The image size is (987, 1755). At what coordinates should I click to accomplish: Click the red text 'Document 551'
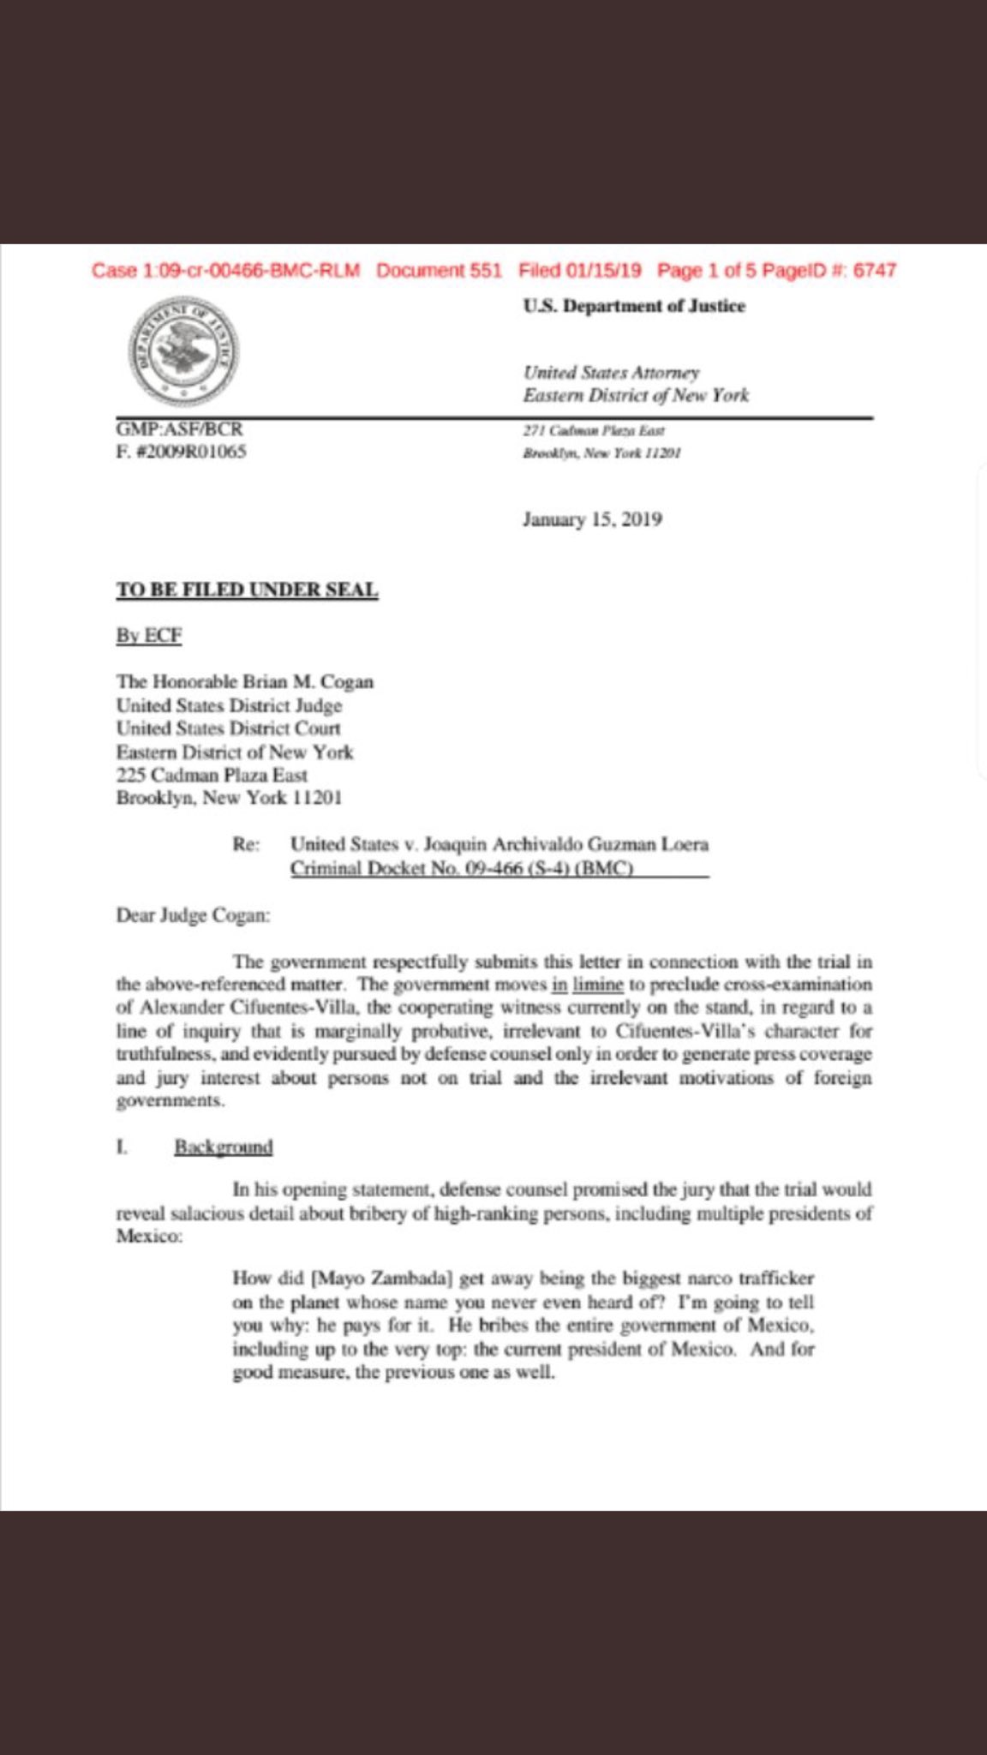[439, 271]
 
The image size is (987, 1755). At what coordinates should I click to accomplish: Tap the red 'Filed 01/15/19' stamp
[580, 271]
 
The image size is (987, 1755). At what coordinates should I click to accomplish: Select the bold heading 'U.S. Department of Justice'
[634, 306]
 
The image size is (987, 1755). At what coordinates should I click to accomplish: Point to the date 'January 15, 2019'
[592, 519]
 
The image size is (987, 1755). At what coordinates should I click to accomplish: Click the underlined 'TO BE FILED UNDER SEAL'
[247, 590]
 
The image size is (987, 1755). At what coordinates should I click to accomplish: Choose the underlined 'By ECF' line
[149, 635]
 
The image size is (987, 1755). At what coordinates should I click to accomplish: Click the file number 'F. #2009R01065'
[181, 452]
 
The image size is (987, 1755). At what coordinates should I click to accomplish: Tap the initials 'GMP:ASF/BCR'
[179, 428]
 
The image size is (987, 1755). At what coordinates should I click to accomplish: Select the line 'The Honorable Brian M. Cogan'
[245, 682]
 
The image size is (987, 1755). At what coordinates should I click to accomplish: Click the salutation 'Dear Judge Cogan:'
[193, 915]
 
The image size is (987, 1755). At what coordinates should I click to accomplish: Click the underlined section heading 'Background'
[224, 1147]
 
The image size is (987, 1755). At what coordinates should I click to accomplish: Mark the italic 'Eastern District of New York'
[636, 395]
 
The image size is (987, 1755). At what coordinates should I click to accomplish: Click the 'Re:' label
[246, 844]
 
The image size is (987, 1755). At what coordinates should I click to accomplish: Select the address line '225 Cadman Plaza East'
[212, 775]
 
